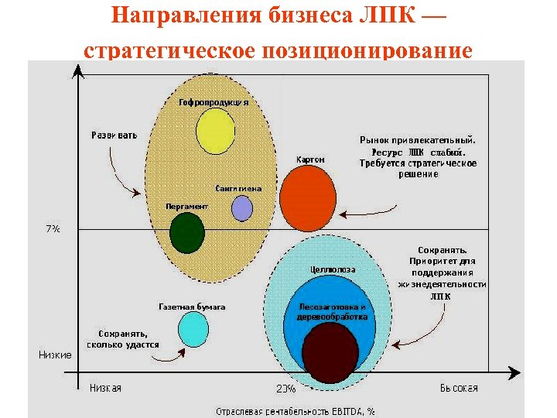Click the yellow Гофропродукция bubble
click(x=215, y=132)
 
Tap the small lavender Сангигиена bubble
click(x=242, y=208)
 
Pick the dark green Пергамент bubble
click(x=186, y=232)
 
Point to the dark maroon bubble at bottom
click(x=330, y=352)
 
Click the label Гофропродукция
click(x=214, y=102)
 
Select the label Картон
click(x=310, y=159)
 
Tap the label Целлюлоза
click(x=333, y=269)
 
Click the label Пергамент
click(x=187, y=207)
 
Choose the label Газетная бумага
click(x=192, y=307)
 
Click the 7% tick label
click(x=53, y=229)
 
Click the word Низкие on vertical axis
click(x=55, y=355)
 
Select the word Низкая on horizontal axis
click(x=105, y=388)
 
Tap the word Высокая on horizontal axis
click(x=460, y=388)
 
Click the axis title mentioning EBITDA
click(x=295, y=410)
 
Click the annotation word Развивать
click(x=114, y=135)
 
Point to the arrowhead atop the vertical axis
click(x=77, y=71)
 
